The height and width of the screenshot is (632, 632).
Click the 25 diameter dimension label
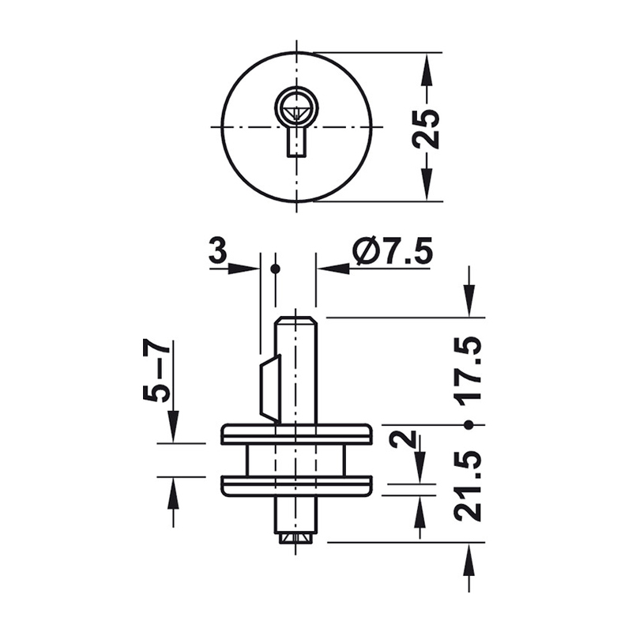(x=427, y=127)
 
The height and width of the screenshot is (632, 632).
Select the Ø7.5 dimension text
(x=393, y=250)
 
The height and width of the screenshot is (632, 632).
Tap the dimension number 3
(x=218, y=250)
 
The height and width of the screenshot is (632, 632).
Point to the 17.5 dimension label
(x=468, y=368)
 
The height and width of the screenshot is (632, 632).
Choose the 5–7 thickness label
(x=156, y=371)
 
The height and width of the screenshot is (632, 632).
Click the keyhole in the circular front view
(x=296, y=121)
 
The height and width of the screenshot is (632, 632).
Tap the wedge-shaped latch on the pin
(x=269, y=389)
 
